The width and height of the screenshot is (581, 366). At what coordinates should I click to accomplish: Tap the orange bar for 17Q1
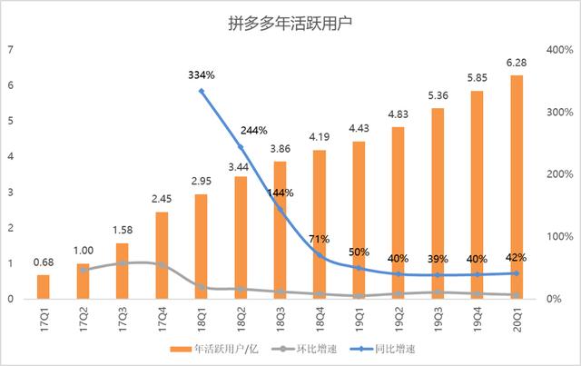click(43, 286)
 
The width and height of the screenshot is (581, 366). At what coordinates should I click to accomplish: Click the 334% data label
click(201, 74)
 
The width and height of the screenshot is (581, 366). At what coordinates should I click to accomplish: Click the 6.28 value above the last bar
click(517, 63)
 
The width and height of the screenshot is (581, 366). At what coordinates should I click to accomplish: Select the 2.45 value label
click(162, 199)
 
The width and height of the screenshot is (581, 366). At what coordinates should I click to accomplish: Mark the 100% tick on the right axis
click(556, 237)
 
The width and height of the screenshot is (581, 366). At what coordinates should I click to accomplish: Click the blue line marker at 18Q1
click(202, 92)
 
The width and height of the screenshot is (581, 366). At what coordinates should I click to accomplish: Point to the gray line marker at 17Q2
click(83, 270)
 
